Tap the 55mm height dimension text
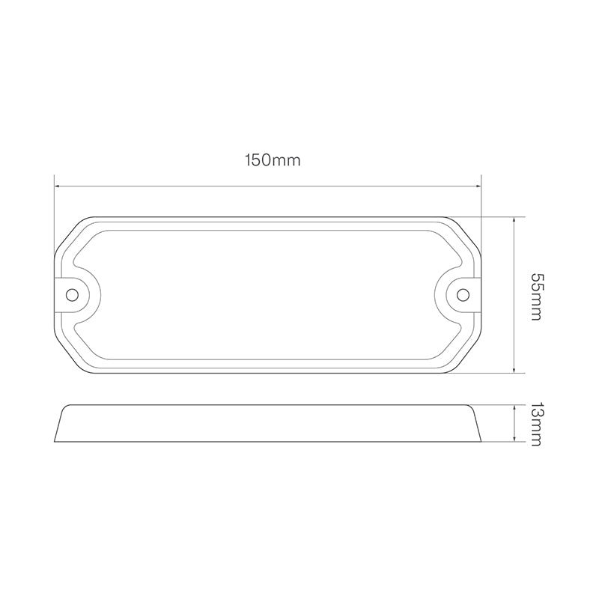(x=535, y=297)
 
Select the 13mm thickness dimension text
(x=535, y=424)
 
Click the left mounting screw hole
(x=72, y=294)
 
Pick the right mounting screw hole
(x=463, y=294)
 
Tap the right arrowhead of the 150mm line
(x=478, y=186)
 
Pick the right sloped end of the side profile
(x=476, y=424)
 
